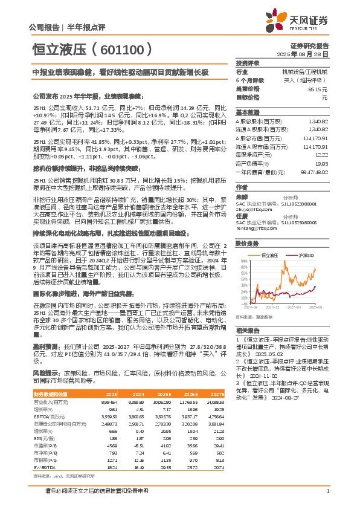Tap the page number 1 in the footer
327,490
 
